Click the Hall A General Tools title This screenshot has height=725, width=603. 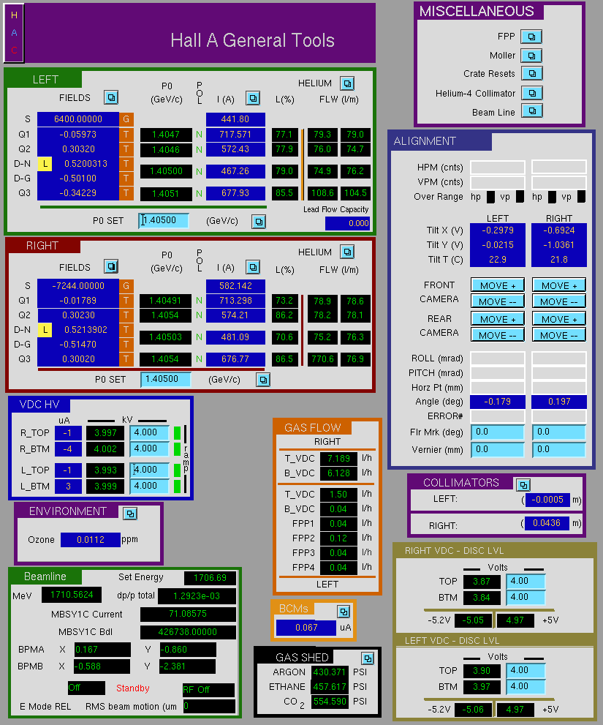click(x=252, y=40)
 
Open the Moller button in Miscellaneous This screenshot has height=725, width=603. click(x=531, y=56)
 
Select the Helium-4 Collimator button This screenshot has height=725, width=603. click(x=532, y=93)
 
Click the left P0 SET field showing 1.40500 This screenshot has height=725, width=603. click(x=164, y=220)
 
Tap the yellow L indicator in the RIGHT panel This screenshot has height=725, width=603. click(x=45, y=330)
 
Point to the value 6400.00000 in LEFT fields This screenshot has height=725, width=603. click(x=78, y=119)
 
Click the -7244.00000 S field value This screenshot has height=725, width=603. click(x=78, y=286)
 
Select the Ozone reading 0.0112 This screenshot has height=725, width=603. click(x=91, y=540)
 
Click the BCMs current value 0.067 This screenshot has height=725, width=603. click(x=306, y=628)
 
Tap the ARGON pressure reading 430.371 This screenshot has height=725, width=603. click(x=330, y=672)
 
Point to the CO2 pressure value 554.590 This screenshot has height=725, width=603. click(x=330, y=702)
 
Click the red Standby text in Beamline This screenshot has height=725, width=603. click(x=132, y=688)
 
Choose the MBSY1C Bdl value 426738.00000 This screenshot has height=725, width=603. click(x=188, y=631)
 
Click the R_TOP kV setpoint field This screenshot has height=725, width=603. click(x=150, y=433)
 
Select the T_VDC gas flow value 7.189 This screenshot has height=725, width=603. click(x=338, y=458)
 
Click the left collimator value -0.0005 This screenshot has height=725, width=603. click(x=547, y=500)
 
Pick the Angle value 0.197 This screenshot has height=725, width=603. click(x=559, y=402)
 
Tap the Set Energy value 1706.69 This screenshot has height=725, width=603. click(x=210, y=577)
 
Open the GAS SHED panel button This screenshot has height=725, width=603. click(x=368, y=658)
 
